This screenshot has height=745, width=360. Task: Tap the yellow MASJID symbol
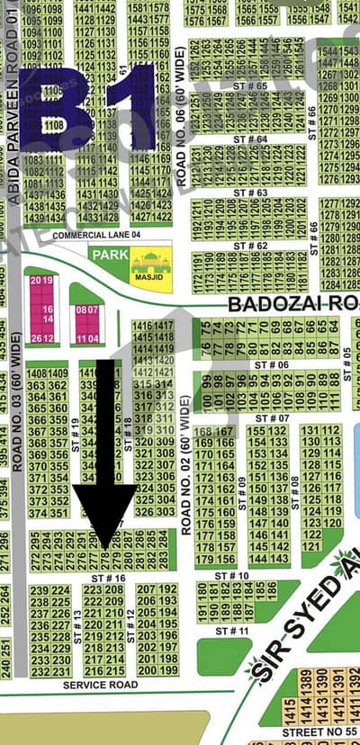[151, 263]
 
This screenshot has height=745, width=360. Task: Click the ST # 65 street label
[250, 85]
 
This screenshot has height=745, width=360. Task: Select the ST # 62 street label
[250, 245]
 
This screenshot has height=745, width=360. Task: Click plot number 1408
[38, 373]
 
